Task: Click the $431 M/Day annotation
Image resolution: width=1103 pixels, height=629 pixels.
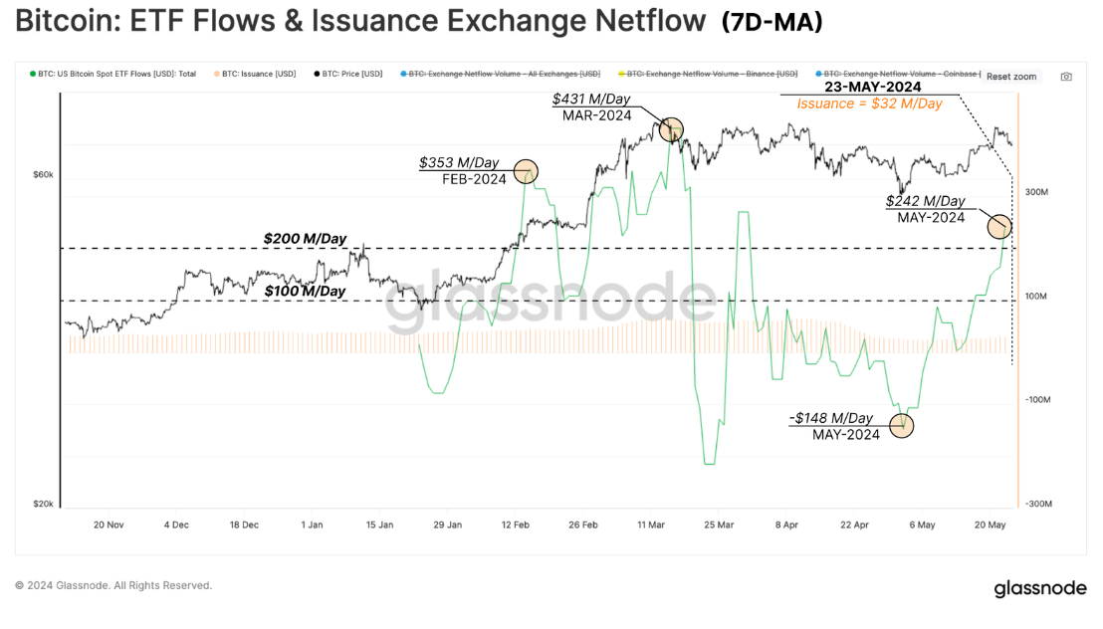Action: pos(592,100)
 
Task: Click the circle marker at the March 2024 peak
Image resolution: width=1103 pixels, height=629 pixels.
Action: pos(672,128)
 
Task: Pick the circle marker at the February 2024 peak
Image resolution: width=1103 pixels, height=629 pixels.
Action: pos(525,171)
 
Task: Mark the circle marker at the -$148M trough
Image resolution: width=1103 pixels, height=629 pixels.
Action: pos(903,425)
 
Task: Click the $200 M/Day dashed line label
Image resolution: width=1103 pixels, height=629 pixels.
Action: pos(305,239)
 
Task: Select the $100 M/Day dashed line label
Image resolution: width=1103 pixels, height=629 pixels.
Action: pos(305,291)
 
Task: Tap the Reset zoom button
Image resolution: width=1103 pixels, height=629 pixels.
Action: pos(1011,77)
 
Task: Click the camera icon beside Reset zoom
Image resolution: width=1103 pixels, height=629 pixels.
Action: pos(1066,77)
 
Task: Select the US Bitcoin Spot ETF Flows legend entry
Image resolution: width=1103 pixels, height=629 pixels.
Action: pos(117,74)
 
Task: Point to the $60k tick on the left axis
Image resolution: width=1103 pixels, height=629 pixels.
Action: pos(44,175)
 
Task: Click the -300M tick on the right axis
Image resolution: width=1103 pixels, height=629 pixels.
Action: pos(1037,505)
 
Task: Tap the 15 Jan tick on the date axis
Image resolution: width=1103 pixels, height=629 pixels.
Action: pos(379,524)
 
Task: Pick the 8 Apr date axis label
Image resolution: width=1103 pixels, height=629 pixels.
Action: pos(785,524)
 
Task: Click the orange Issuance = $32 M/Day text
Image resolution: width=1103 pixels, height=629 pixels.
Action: pos(869,104)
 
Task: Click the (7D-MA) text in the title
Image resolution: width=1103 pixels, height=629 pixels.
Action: pos(772,22)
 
